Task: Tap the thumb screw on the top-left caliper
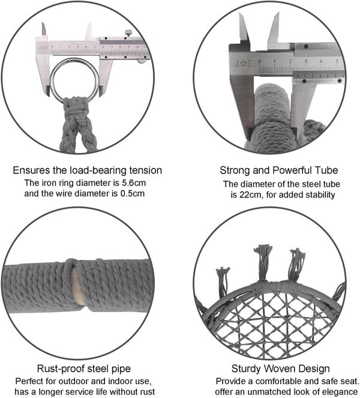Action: [128, 33]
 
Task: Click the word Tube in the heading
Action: [326, 170]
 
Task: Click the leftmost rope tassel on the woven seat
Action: [223, 280]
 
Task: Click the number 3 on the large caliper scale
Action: [306, 61]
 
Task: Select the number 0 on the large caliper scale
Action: [260, 61]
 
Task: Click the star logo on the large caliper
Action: [243, 62]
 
